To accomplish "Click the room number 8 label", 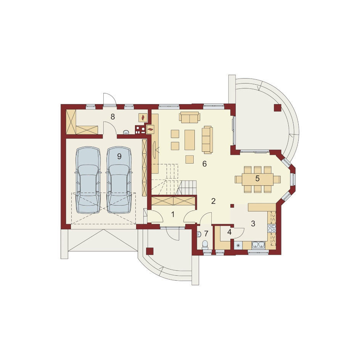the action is tap(112, 117).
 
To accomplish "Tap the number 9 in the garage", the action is tap(119, 156).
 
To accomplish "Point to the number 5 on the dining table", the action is tap(257, 178).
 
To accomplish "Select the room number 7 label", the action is tap(206, 233).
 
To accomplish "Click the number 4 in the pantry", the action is tap(229, 232).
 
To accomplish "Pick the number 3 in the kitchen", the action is tap(253, 223).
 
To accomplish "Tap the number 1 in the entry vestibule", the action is tap(173, 214).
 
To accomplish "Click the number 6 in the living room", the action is tap(204, 164).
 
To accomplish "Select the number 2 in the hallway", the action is tap(213, 201).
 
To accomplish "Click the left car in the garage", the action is tap(88, 180).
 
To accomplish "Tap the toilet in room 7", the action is tap(205, 245).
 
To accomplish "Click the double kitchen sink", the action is tap(259, 245).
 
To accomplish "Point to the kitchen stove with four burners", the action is tap(272, 228).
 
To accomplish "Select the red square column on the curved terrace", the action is tap(277, 108).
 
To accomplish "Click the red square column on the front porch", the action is tap(150, 251).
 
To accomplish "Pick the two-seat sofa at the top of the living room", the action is tap(190, 117).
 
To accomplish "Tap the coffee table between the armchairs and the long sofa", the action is tap(190, 140).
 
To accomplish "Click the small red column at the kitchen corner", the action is tap(232, 206).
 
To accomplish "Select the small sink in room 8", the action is tap(126, 132).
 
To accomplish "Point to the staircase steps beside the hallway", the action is tap(188, 187).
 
